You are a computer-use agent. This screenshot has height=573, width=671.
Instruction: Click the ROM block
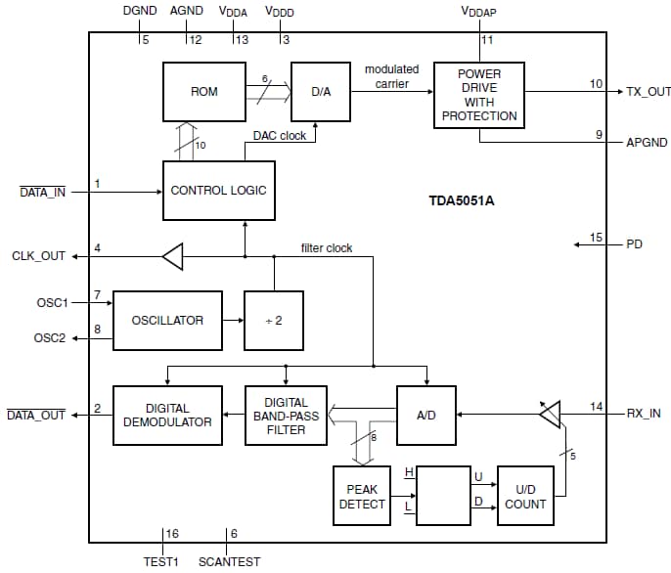pos(203,92)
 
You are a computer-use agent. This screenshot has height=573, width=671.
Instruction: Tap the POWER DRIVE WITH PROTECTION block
pos(478,94)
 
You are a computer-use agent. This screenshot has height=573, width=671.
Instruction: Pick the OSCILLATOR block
pos(167,320)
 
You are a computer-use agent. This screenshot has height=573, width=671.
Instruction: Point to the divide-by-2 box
pos(273,320)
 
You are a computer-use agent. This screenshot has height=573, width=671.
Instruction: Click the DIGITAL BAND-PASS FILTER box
pos(286,415)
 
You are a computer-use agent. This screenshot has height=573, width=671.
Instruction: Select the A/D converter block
pos(426,415)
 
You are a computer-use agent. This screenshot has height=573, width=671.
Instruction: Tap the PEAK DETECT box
pos(362,497)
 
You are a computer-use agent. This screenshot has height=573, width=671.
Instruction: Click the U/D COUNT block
pos(525,497)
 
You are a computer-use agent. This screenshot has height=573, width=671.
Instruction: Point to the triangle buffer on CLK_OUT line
pos(172,257)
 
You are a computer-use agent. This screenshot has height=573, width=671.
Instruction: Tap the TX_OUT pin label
pos(647,92)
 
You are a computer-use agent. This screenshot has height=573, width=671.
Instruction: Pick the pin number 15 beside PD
pos(596,237)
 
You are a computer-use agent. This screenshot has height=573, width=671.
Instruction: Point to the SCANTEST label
pos(229,562)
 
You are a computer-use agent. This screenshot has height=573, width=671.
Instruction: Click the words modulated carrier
pos(391,76)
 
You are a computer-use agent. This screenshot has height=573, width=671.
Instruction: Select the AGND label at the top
pos(186,11)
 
